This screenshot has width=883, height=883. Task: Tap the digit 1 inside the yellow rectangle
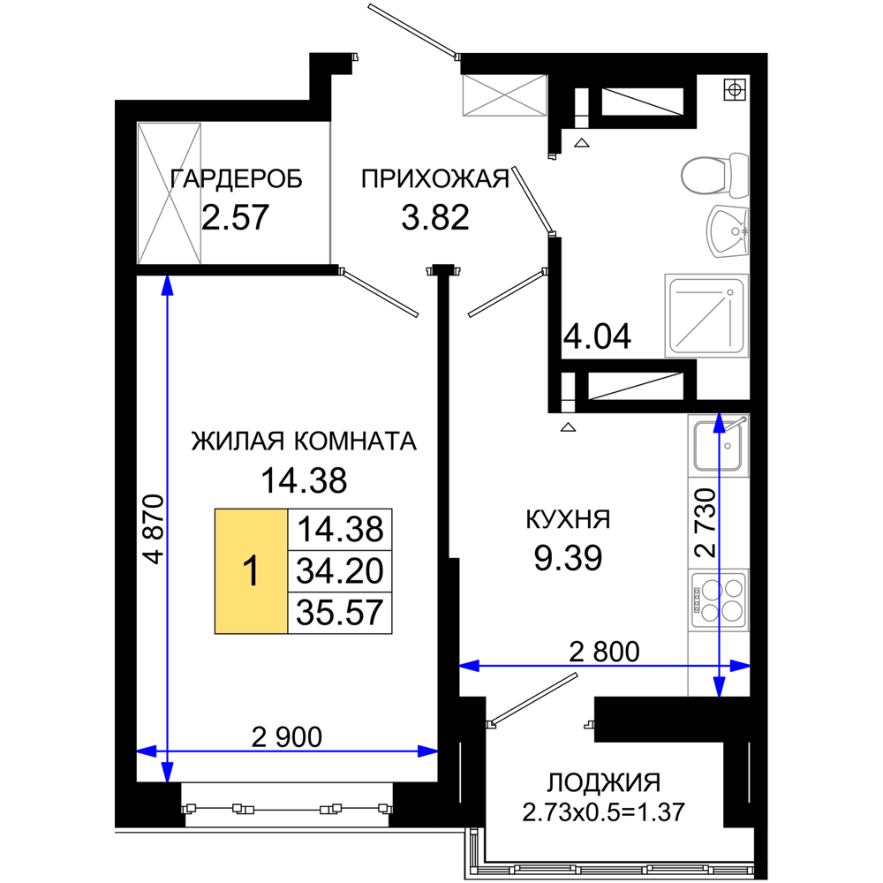point(252,571)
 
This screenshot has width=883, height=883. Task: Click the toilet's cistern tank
point(738,175)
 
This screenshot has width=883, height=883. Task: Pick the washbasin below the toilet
point(728,231)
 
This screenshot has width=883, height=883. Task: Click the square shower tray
point(706,315)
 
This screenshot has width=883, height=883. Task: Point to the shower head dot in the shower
point(729,291)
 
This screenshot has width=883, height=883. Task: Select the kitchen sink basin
point(717,446)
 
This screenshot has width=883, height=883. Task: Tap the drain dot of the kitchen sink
point(728,446)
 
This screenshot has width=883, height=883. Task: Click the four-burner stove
point(719,600)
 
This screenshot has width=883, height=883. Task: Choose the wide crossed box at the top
point(504,96)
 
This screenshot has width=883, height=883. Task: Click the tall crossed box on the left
point(170,192)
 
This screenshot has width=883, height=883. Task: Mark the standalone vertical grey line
point(330,192)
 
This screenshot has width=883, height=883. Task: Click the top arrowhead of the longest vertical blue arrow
point(167,284)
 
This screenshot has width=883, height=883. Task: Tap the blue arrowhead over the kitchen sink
point(720,422)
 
